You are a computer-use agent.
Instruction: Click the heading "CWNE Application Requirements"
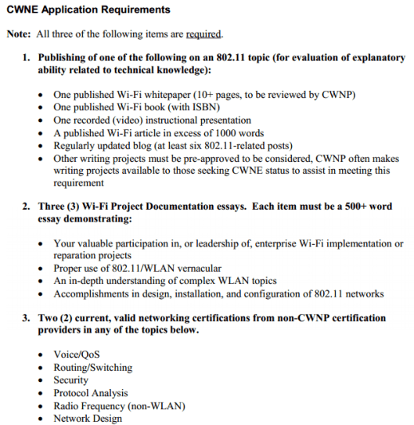(88, 10)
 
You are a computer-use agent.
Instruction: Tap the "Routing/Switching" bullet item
(92, 367)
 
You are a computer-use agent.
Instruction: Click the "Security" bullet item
(70, 380)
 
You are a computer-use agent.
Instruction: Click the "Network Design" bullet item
(88, 418)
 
